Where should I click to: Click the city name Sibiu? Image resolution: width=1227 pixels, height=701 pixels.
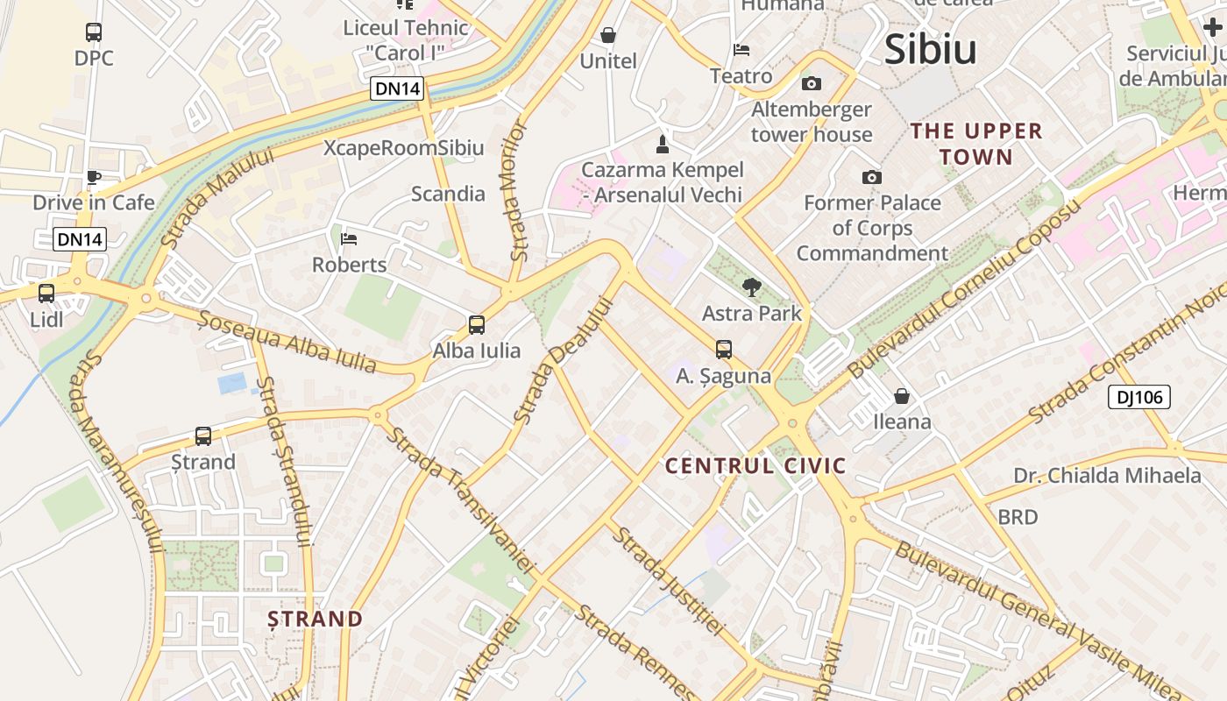(930, 49)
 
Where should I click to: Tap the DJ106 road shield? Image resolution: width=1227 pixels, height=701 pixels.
(1138, 397)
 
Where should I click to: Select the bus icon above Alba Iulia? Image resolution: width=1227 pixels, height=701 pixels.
(476, 325)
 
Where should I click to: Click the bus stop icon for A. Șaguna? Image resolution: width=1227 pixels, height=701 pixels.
(724, 350)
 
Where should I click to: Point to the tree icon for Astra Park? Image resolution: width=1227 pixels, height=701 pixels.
(751, 287)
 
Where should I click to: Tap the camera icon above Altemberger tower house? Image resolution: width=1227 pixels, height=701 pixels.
(812, 84)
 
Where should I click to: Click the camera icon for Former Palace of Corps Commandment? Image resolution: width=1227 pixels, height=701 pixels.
(871, 178)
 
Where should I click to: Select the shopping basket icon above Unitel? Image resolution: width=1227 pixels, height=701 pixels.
(608, 35)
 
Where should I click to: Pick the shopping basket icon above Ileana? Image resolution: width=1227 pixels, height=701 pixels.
(902, 396)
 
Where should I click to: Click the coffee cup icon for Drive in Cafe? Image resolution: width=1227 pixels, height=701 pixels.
(94, 178)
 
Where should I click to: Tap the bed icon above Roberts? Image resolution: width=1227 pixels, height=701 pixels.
(349, 238)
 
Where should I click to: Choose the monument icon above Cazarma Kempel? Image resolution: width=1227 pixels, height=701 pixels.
(663, 144)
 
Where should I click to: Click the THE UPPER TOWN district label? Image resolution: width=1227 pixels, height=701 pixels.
(975, 144)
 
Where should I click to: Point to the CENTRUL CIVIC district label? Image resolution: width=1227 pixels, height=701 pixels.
(755, 465)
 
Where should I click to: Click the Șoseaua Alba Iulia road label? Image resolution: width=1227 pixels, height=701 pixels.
(287, 341)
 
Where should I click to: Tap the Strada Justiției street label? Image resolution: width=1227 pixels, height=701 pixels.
(668, 580)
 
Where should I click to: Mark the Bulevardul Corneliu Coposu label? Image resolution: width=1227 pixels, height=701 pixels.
(964, 290)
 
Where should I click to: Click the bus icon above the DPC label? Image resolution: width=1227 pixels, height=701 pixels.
(94, 32)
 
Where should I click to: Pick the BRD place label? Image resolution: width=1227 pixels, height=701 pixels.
(1018, 517)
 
